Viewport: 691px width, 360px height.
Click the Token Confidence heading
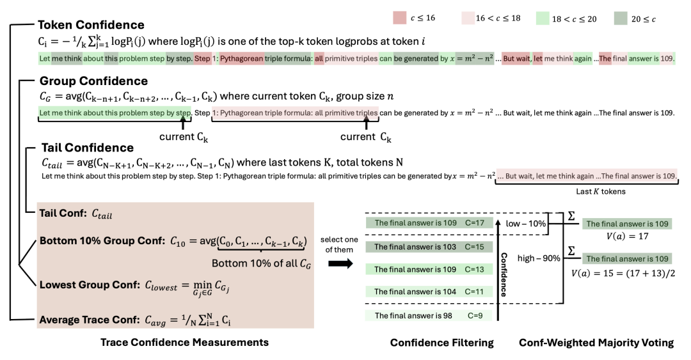91,26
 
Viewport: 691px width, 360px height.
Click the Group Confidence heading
93,81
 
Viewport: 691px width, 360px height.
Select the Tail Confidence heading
86,148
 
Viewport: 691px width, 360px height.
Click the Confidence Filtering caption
441,343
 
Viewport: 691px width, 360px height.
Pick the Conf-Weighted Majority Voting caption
596,343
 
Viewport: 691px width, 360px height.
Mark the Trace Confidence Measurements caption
184,343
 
